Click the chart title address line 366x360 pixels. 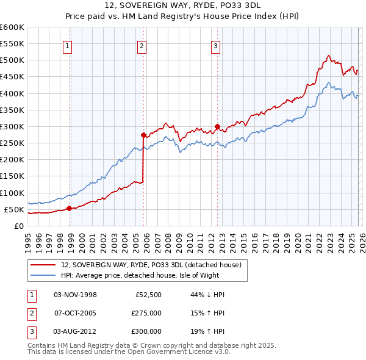182,5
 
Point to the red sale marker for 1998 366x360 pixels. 69,208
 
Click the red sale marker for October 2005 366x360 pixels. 144,135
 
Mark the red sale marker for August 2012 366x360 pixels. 217,127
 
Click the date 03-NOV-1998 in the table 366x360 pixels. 75,295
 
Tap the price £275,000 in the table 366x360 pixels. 146,313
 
